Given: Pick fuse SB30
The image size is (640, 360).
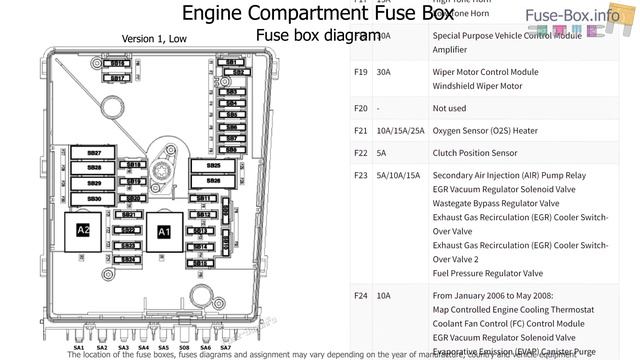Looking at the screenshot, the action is click(94, 198).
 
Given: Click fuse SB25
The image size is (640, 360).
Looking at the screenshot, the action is click(213, 166).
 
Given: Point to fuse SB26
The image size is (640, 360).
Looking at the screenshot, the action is click(213, 181).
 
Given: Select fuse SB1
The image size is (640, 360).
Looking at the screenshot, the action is click(232, 62).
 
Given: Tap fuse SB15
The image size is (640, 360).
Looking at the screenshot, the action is click(200, 262).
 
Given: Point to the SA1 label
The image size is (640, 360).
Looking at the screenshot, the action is click(78, 348).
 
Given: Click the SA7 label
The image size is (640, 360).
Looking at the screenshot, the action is click(226, 348).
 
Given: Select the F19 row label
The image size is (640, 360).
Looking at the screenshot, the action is click(361, 72).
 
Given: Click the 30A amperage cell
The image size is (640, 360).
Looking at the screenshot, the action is click(386, 72).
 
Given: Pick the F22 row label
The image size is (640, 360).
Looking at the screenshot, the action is click(361, 153).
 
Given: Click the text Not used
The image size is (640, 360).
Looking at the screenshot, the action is click(451, 108).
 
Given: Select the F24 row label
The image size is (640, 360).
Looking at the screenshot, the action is click(361, 296).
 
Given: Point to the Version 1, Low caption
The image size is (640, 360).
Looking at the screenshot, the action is click(154, 39).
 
